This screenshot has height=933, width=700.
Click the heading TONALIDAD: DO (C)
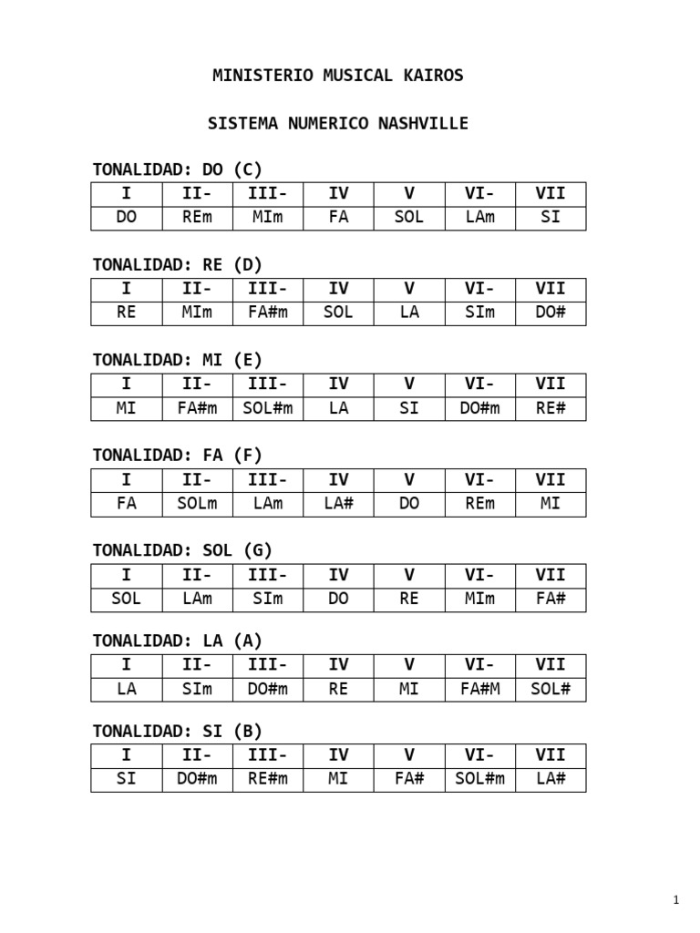[178, 169]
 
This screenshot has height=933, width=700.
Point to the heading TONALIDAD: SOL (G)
[182, 550]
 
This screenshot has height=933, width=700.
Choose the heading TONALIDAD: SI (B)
[178, 731]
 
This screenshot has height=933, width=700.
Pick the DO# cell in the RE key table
[551, 313]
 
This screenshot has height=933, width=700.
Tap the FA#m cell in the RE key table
[268, 313]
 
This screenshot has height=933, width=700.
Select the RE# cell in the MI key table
[551, 408]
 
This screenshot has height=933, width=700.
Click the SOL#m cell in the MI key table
[268, 408]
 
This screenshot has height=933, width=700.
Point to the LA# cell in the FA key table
[338, 504]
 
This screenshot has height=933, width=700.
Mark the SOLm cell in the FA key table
[197, 504]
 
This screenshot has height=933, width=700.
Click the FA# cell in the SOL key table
[551, 599]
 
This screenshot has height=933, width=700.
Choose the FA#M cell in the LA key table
[479, 689]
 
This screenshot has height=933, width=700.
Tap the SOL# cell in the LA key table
[551, 689]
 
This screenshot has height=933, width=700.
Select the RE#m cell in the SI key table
[268, 779]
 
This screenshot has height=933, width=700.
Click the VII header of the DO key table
[551, 193]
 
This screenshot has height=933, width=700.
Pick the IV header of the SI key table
[338, 754]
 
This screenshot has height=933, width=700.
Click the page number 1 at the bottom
[676, 901]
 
